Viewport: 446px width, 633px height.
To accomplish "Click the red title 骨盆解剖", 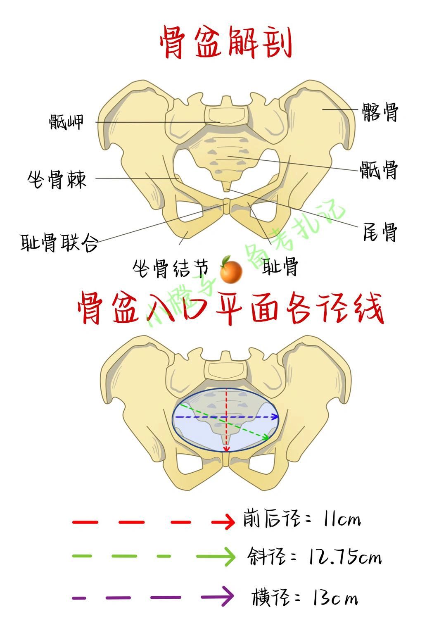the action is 226,43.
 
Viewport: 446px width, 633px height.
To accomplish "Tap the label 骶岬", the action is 66,122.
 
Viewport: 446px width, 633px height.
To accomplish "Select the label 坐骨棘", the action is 57,179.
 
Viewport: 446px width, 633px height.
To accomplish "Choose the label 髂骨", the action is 380,112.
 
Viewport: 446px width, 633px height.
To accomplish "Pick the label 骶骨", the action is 379,169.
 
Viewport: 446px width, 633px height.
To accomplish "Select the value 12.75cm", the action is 345,558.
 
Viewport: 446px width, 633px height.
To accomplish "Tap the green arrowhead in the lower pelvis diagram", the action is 265,437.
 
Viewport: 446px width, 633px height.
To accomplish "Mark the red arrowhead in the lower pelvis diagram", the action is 226,449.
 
